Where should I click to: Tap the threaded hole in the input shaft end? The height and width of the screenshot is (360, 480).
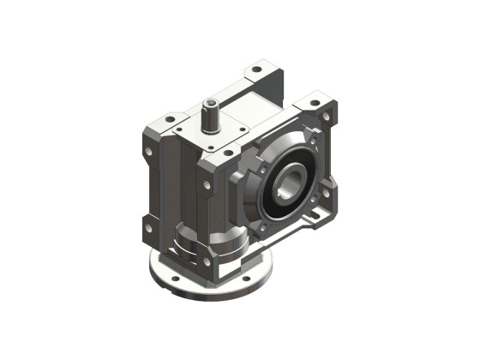[209, 105]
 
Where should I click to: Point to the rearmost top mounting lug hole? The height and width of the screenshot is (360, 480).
[255, 68]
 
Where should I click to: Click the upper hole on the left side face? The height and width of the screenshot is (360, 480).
[147, 153]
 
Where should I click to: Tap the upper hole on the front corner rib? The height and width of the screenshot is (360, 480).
[206, 183]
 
